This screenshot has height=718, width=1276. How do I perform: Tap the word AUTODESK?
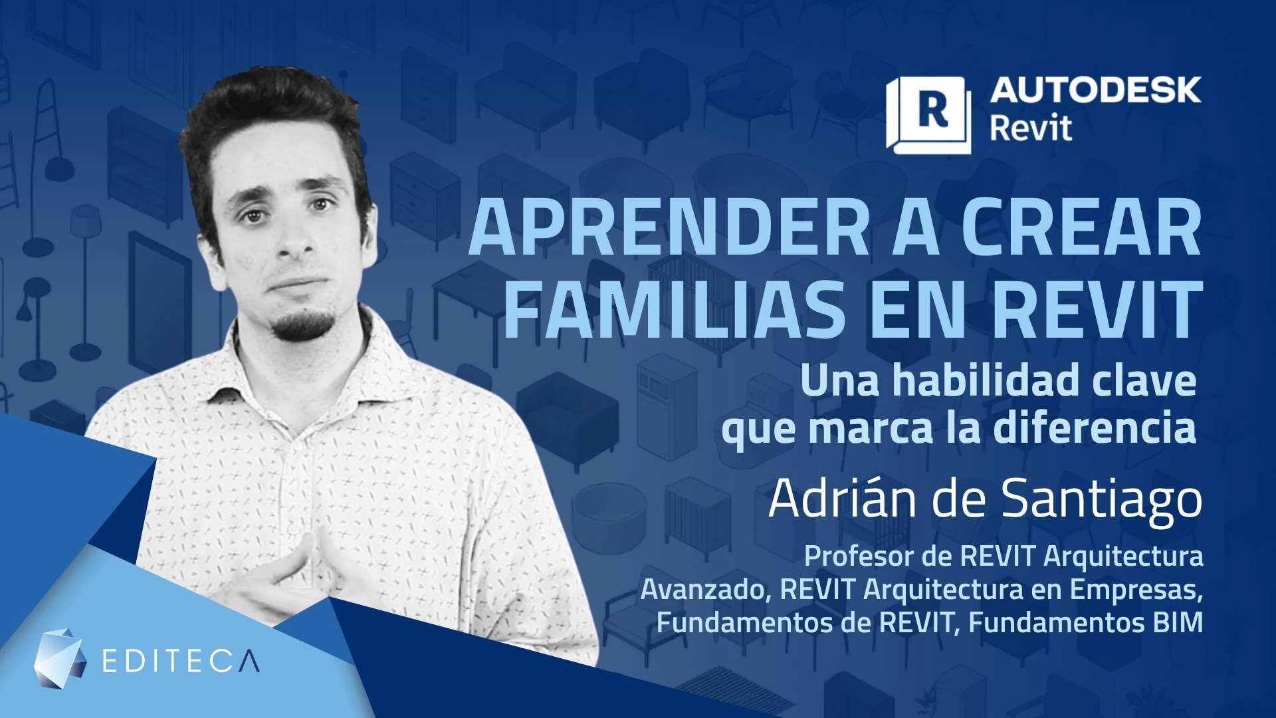[1095, 90]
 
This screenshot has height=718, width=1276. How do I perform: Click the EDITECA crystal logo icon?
[60, 654]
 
